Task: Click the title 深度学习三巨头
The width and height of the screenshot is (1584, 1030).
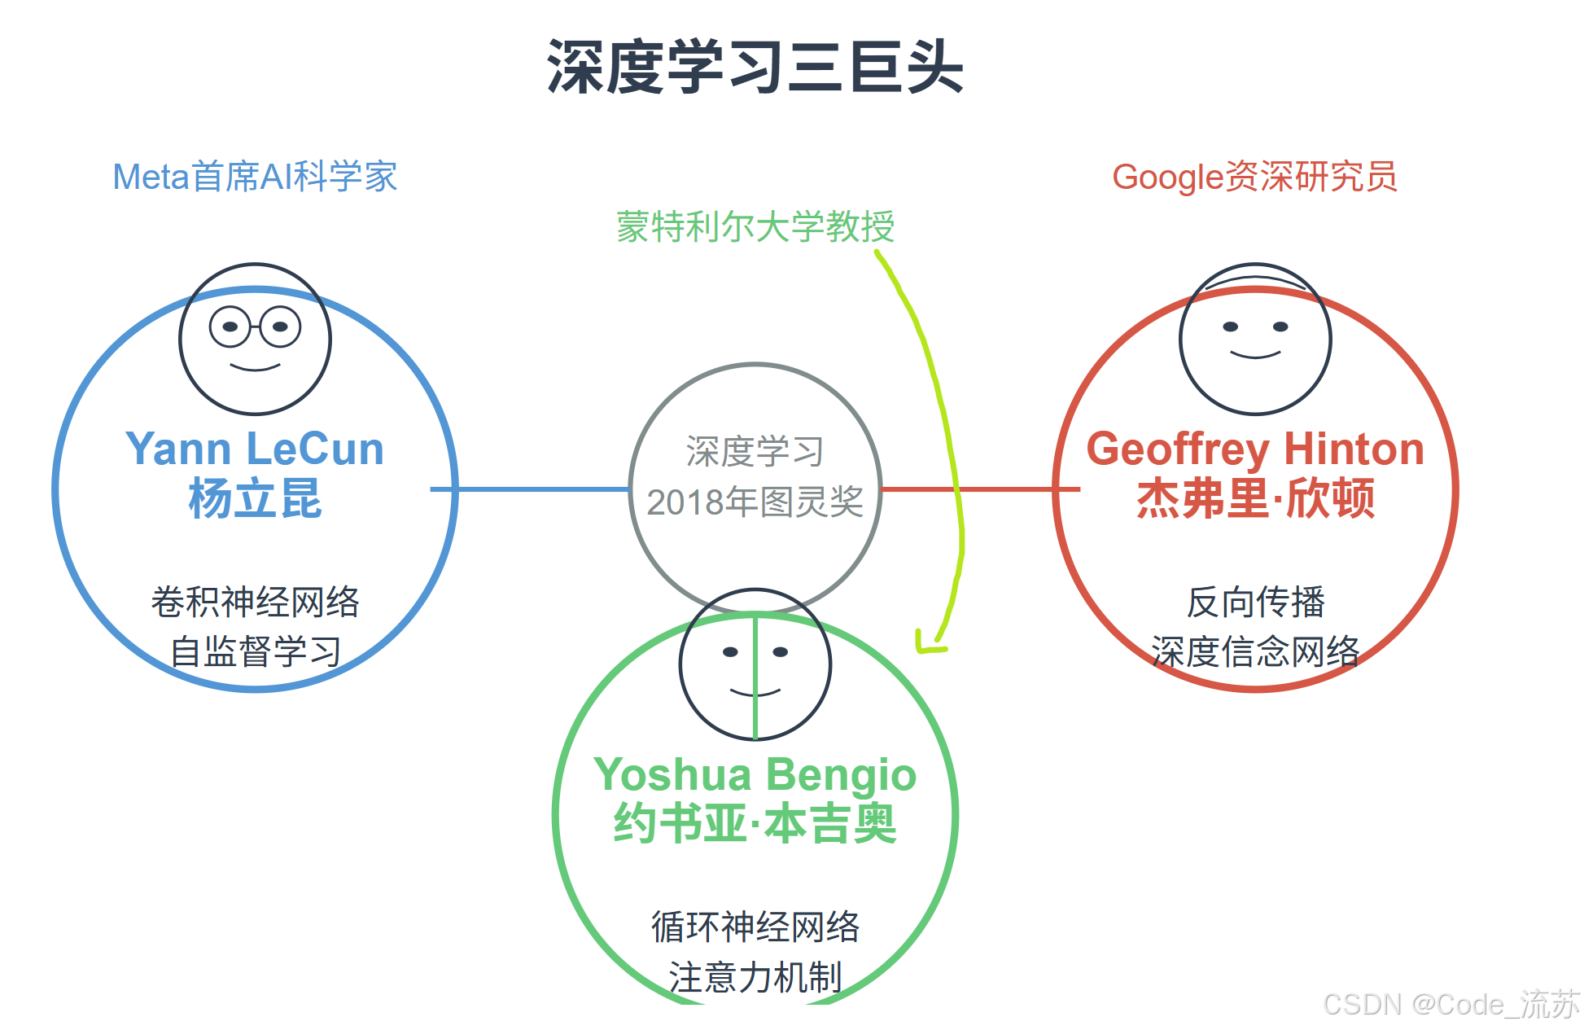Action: [x=755, y=67]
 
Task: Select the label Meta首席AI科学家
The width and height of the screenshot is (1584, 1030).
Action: [x=255, y=177]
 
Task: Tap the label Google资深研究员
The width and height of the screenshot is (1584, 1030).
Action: [x=1254, y=177]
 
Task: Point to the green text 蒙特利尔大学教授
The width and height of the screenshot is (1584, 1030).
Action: [x=755, y=226]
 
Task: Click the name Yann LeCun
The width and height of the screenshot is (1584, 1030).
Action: [x=255, y=449]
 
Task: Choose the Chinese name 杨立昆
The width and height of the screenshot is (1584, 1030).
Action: [x=255, y=498]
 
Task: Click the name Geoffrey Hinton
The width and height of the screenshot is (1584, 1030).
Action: [x=1254, y=449]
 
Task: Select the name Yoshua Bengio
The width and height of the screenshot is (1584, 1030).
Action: [x=755, y=774]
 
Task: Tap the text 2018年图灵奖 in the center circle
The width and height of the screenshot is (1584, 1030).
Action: [x=755, y=502]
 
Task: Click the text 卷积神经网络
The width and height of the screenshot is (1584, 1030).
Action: [x=255, y=602]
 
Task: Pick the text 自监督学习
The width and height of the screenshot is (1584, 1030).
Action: [x=255, y=651]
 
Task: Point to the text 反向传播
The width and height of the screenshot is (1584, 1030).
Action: [x=1254, y=602]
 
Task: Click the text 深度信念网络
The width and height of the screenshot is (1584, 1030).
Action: [x=1254, y=651]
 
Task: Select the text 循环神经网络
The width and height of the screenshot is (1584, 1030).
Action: [x=755, y=927]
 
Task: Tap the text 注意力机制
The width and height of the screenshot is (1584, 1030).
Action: [x=755, y=976]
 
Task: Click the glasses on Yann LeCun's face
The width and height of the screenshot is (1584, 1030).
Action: [x=255, y=327]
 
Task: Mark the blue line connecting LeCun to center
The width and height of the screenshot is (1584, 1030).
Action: [x=529, y=489]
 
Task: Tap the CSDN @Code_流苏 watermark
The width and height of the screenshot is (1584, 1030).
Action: [x=1451, y=1005]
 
